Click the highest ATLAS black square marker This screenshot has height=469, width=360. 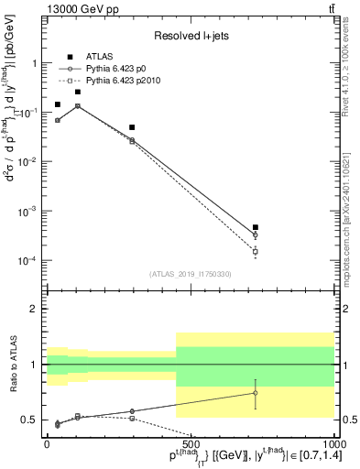(x=78, y=92)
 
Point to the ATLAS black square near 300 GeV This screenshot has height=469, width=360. (x=132, y=127)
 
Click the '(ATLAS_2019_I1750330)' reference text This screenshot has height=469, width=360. (x=191, y=273)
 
